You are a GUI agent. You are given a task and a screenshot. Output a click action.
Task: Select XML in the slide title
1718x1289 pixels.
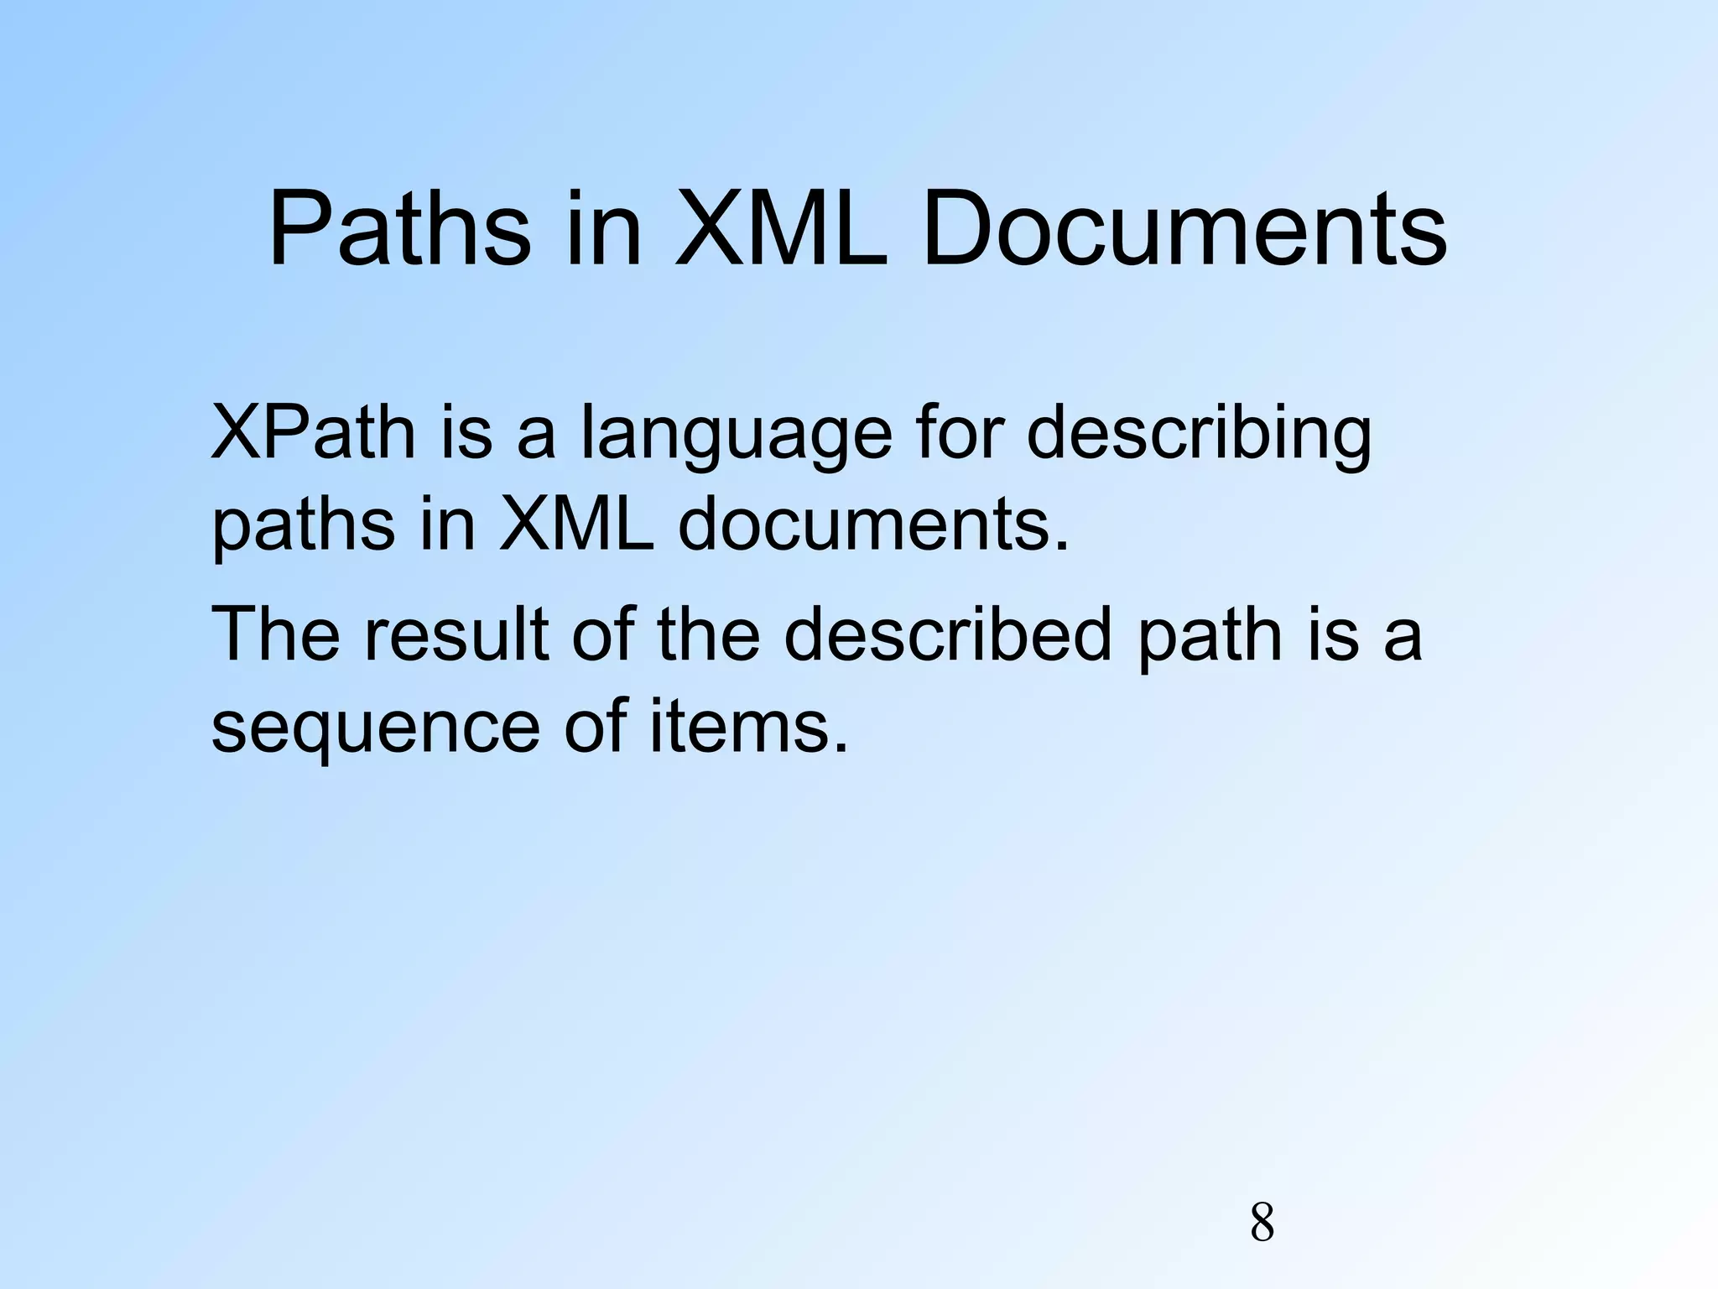coord(781,229)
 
